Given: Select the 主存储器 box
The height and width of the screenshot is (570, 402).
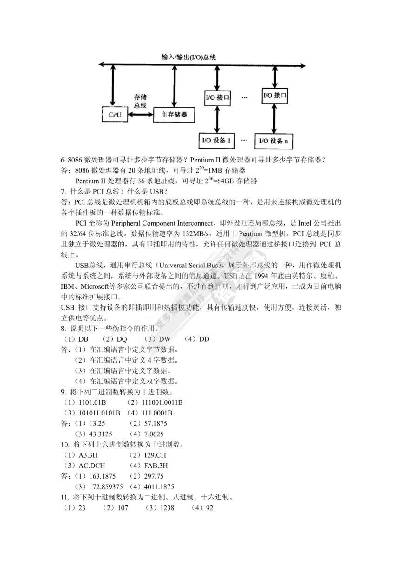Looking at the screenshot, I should (174, 115).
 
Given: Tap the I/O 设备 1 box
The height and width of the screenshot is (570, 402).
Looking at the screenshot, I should (217, 140).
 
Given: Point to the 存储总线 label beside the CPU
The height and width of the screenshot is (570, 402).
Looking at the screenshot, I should (140, 101).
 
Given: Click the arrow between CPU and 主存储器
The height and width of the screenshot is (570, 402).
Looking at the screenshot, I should (140, 114).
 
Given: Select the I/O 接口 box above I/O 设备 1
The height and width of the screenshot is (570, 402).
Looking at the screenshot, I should (217, 98).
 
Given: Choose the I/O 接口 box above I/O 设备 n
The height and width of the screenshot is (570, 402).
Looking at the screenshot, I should (275, 96).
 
